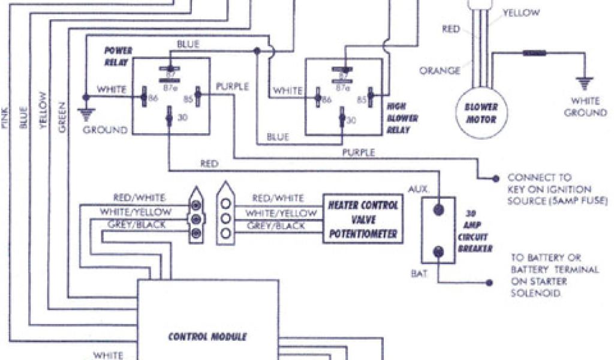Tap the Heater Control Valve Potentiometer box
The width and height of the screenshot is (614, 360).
pos(363,219)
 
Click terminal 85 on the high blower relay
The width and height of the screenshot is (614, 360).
pos(370,94)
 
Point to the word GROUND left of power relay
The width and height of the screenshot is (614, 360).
pos(105,130)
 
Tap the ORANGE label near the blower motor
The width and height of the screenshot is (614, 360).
pos(440,70)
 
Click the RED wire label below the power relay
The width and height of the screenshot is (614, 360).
pos(210,163)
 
